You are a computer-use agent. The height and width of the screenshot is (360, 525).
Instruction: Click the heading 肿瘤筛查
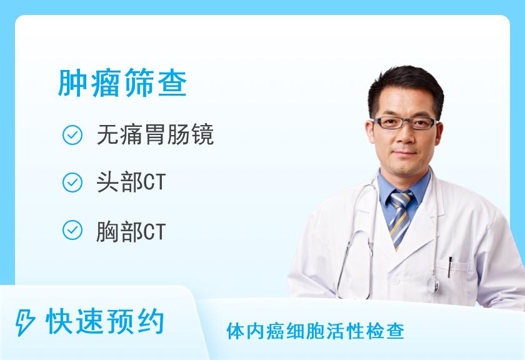tap(122, 82)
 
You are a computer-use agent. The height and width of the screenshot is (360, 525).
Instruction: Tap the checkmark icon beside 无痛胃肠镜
tap(72, 135)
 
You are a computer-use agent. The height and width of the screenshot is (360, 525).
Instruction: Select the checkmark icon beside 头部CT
tap(72, 182)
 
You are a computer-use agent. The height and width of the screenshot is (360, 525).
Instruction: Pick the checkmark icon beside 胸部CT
tap(72, 230)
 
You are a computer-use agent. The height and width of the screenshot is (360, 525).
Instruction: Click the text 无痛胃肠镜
tap(155, 135)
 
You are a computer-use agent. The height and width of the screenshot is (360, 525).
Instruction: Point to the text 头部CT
tap(131, 182)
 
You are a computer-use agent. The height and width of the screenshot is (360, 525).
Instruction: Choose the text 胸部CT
tap(131, 231)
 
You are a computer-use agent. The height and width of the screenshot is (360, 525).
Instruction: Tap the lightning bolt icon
tap(25, 322)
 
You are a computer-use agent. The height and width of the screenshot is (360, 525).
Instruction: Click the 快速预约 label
tap(105, 322)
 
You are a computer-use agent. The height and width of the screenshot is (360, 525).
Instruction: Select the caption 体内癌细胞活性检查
tap(315, 331)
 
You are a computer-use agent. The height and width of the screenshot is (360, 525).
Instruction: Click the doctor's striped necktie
tap(400, 218)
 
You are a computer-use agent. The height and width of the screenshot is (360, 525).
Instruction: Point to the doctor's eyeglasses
tap(405, 123)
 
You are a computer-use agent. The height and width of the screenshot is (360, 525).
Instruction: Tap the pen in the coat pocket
tap(449, 267)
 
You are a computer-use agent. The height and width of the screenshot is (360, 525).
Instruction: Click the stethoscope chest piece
tap(436, 283)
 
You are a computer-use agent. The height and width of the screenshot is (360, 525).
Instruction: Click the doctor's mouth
tap(404, 153)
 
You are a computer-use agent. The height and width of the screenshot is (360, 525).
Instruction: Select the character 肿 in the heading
tap(71, 82)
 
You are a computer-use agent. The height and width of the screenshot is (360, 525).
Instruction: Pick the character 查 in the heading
tap(172, 82)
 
